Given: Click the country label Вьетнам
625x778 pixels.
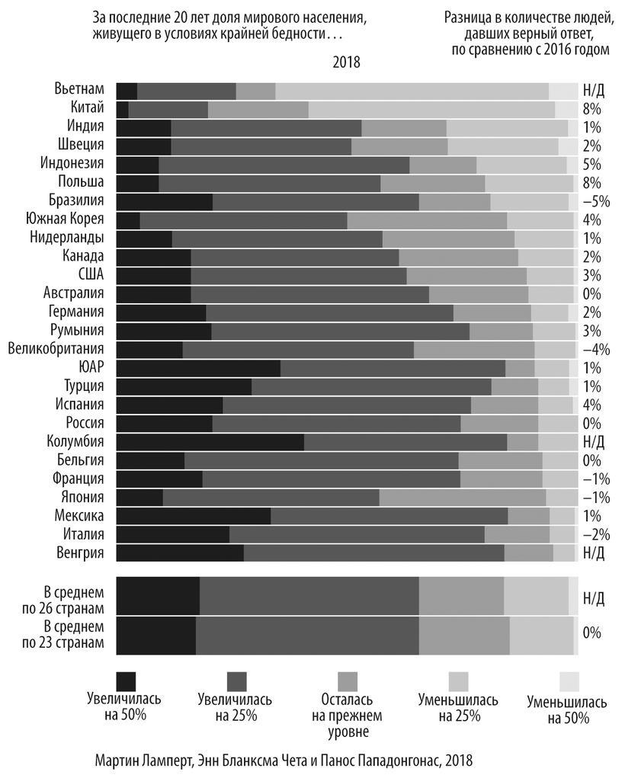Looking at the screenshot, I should pos(79,90).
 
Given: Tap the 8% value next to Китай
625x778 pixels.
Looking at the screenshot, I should pos(591,108).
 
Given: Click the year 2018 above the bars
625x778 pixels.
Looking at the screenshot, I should pos(346,62).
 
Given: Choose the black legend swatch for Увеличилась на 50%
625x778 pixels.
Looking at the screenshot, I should pos(126,680).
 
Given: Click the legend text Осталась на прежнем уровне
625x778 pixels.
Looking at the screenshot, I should pos(347,716).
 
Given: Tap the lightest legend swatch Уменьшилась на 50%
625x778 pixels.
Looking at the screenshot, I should pos(569,680).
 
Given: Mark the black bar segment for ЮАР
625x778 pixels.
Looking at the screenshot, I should pos(198,368).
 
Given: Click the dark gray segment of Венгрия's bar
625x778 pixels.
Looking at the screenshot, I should pos(373,552).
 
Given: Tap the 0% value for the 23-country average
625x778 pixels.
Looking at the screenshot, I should pos(591,633).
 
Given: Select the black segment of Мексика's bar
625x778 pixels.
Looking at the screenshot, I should pos(193,516).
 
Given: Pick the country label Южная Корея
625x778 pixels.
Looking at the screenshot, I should pos(69,219).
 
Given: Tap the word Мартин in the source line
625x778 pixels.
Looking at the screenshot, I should pos(118,760).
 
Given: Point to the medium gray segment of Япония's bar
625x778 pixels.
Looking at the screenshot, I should pos(462,497).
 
